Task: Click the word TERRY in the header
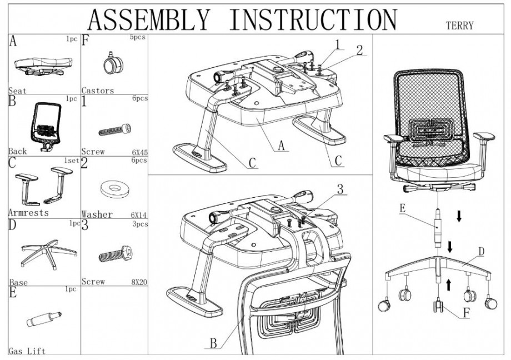click(459, 24)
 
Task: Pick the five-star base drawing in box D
click(44, 253)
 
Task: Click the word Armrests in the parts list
click(29, 213)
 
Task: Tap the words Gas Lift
click(27, 351)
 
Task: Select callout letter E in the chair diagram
click(402, 209)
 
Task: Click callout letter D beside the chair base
click(482, 252)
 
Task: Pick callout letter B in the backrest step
click(213, 343)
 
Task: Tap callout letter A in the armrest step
click(282, 146)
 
